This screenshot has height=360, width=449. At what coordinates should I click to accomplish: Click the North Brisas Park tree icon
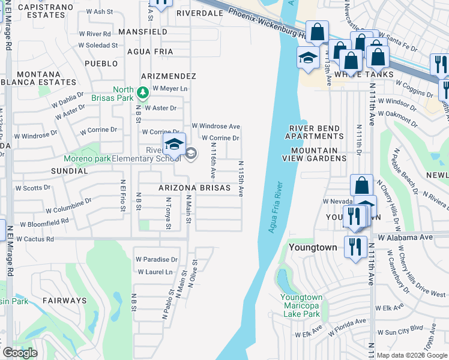[143, 92]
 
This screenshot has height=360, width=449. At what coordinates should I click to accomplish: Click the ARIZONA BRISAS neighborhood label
[194, 188]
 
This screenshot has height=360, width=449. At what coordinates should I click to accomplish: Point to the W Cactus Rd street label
[35, 239]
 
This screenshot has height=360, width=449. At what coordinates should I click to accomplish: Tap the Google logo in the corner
[20, 353]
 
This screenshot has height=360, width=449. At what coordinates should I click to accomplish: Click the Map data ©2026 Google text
[411, 355]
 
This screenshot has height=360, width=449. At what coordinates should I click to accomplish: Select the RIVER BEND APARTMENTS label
[315, 132]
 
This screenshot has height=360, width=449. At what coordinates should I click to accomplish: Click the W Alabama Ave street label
[405, 237]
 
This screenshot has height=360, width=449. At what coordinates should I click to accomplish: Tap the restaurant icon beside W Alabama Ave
[356, 246]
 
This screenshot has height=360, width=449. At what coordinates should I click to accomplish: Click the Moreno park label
[88, 159]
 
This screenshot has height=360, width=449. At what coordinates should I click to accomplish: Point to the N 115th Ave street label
[241, 178]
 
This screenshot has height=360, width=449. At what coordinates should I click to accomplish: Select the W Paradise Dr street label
[157, 260]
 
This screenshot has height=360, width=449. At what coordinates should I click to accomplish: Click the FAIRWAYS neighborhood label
[64, 300]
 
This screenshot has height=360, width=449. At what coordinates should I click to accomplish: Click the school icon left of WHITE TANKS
[308, 59]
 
